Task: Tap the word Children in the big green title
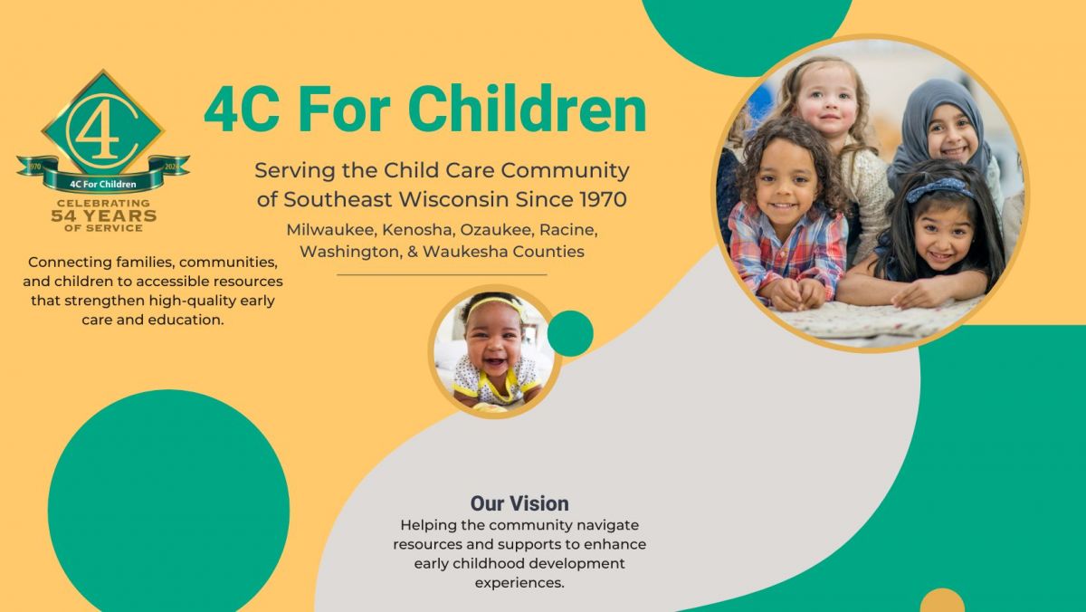coord(527,110)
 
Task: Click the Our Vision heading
coord(519,503)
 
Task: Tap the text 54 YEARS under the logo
coord(104,215)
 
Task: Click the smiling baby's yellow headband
coord(493,304)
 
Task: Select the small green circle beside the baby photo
coord(570,334)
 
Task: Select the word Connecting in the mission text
coord(70,263)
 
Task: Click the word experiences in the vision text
coord(519,583)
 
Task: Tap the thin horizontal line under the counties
coord(442,275)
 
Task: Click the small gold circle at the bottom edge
coord(942,600)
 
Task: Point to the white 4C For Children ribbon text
coord(103,185)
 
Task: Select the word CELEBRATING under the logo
coord(104,203)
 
